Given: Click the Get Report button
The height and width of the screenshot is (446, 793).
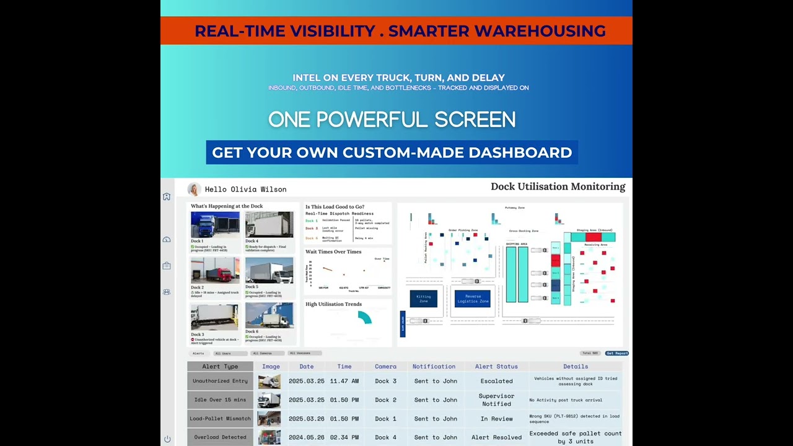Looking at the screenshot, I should [617, 353].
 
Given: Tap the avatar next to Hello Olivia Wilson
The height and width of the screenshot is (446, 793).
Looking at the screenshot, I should [194, 190].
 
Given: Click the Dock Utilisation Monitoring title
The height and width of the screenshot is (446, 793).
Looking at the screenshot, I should [558, 186].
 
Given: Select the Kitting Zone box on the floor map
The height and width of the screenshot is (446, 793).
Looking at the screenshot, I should [423, 299].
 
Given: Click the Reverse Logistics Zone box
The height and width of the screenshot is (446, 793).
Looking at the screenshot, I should [473, 299].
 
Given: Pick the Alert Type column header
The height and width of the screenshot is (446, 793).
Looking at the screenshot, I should [220, 366].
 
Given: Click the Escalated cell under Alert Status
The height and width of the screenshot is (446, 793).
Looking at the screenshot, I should [496, 381].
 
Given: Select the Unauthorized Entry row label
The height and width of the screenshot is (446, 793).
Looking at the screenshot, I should [220, 381].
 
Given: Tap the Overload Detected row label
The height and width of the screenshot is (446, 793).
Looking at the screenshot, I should [220, 437].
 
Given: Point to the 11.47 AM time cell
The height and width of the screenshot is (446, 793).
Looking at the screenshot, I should [344, 381].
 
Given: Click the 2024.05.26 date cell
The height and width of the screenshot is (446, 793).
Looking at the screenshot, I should [306, 437].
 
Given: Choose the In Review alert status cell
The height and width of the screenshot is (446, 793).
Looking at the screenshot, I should [496, 419].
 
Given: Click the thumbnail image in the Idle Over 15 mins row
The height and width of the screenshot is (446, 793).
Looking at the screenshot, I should [269, 400].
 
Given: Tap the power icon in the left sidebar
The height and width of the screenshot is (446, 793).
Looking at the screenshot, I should [167, 439].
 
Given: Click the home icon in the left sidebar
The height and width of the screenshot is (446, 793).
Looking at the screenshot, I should [167, 196].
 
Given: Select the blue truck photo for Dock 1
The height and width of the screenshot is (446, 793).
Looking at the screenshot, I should [214, 225].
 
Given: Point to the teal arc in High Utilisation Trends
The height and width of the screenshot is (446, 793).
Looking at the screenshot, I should [365, 317].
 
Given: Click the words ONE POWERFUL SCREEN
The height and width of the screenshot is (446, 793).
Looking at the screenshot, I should [392, 120].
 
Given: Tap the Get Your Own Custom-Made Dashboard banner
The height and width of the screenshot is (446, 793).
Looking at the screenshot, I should [392, 152].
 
